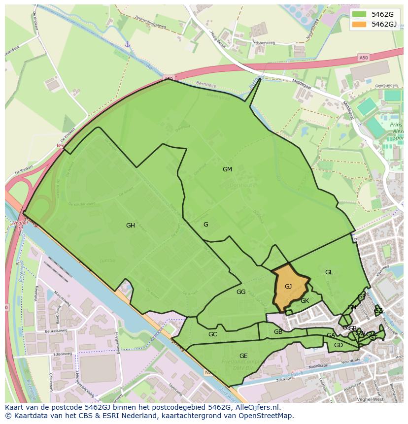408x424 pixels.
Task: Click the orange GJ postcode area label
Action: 288,287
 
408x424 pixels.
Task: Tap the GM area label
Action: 227,169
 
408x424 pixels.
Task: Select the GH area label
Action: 130,226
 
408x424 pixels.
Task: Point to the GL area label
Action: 329,272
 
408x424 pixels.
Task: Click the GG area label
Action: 240,292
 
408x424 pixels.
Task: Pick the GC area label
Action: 212,334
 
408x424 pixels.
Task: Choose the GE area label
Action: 243,356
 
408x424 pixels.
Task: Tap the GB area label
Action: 278,332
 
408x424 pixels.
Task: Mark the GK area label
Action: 305,301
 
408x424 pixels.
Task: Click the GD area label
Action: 338,345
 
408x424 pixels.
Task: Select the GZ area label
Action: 378,311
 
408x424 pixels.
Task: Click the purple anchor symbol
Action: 127,45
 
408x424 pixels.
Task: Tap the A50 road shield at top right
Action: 363,58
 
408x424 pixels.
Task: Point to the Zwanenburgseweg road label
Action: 149,22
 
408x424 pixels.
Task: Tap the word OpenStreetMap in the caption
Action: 269,416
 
